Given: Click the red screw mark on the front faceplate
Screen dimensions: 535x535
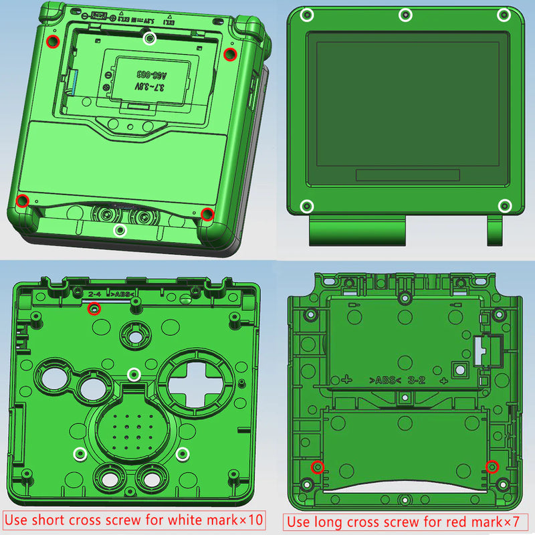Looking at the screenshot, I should (94, 308).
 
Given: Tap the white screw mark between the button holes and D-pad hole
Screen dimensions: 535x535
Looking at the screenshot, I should (134, 373).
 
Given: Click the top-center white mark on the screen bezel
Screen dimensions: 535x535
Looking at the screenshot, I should (405, 15).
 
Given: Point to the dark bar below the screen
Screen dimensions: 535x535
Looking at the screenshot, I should (407, 175).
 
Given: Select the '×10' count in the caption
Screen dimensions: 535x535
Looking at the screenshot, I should (249, 520).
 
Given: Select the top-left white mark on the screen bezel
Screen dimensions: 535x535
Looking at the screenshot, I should (307, 15).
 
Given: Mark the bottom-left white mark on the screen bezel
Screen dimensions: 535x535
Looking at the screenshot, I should (307, 205).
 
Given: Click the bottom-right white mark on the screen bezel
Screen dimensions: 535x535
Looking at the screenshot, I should (505, 205).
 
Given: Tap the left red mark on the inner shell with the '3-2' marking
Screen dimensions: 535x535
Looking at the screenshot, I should (318, 467).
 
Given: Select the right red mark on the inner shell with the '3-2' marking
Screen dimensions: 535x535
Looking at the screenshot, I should (492, 467).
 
